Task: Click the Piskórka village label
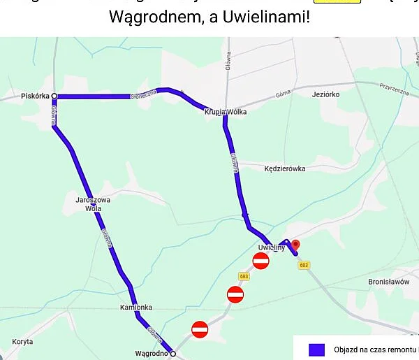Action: coord(35,96)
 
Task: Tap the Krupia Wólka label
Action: coord(226,111)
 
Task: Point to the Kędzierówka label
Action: coord(285,168)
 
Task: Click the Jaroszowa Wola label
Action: coord(93,203)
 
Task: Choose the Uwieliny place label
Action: coord(272,248)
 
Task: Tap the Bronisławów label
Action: coord(388,282)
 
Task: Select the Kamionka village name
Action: coord(135,308)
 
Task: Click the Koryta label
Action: coord(22,342)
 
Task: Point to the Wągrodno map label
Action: coord(152,353)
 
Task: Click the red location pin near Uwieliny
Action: coord(295,245)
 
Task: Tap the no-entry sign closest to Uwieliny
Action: coord(261,261)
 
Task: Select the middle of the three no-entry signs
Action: coord(235,294)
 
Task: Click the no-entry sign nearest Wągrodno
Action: coord(200,329)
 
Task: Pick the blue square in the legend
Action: coord(317,350)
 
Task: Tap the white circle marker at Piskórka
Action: coord(54,96)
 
